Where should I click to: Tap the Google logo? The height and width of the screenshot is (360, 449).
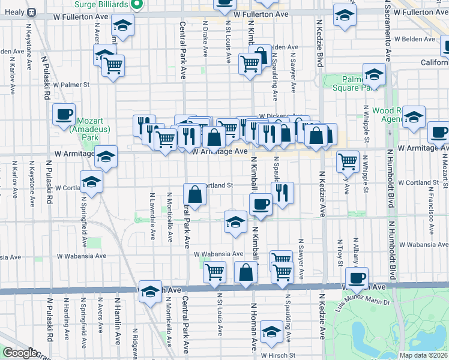(x=20, y=353)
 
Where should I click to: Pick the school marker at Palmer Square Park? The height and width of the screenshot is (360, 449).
(x=374, y=75)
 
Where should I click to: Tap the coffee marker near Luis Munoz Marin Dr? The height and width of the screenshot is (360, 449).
(x=358, y=278)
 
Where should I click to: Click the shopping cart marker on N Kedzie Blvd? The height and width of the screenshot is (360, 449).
(x=348, y=161)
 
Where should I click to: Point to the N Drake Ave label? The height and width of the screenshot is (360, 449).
(x=205, y=43)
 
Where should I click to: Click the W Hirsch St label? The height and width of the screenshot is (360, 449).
(x=280, y=355)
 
